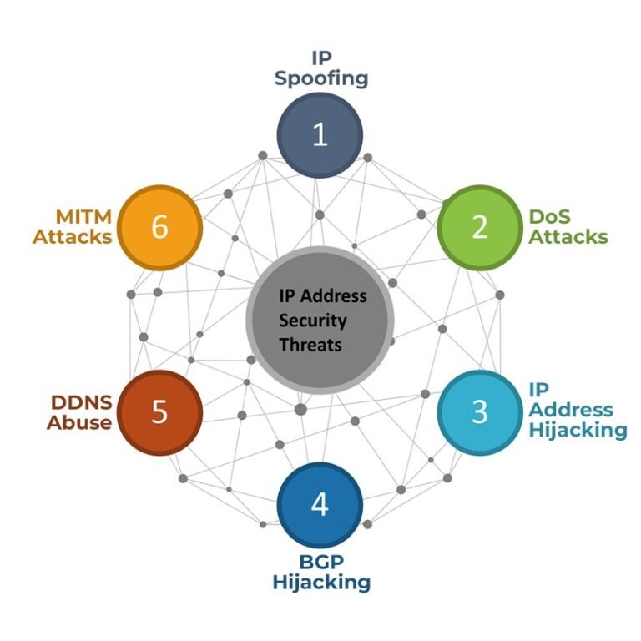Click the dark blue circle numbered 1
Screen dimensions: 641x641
320,135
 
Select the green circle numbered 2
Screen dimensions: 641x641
479,227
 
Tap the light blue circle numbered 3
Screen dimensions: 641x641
479,411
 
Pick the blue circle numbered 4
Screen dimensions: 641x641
320,505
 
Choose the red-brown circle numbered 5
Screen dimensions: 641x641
159,412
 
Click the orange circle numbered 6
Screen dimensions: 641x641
159,227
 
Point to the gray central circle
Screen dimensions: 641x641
320,320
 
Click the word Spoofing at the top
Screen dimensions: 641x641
320,79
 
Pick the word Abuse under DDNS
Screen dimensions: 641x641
79,422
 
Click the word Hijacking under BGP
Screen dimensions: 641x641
320,582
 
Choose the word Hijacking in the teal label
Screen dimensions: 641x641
578,430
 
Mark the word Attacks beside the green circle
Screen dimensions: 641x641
568,236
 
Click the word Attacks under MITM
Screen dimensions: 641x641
73,236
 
